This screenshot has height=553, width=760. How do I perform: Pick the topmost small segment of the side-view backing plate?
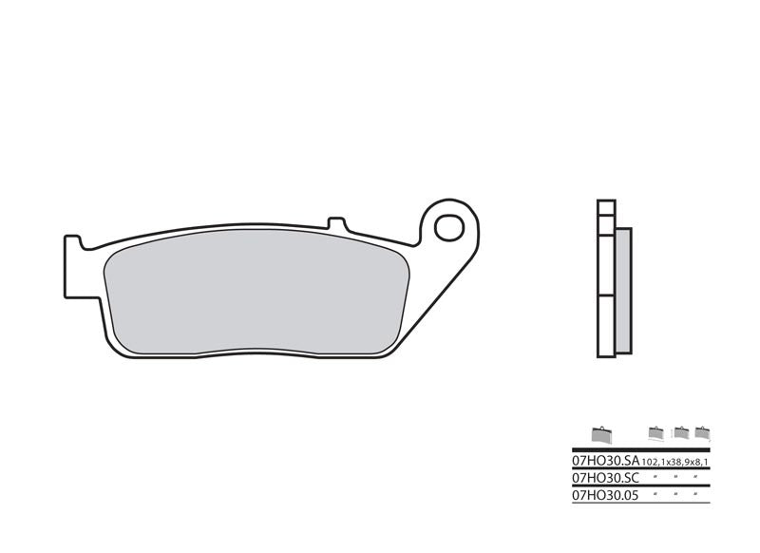click(x=606, y=207)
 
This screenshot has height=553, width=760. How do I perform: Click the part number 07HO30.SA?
click(x=603, y=460)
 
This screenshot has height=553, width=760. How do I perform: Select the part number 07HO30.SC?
click(x=603, y=477)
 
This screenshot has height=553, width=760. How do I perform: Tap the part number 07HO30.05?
click(x=603, y=494)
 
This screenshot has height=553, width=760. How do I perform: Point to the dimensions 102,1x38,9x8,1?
click(x=674, y=461)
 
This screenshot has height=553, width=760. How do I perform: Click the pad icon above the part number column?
click(x=601, y=434)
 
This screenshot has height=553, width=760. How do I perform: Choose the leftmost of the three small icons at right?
click(x=655, y=433)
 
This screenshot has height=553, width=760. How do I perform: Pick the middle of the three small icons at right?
click(x=680, y=433)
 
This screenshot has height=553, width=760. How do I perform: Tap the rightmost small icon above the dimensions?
click(x=702, y=433)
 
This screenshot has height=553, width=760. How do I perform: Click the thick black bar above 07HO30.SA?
click(x=639, y=448)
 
